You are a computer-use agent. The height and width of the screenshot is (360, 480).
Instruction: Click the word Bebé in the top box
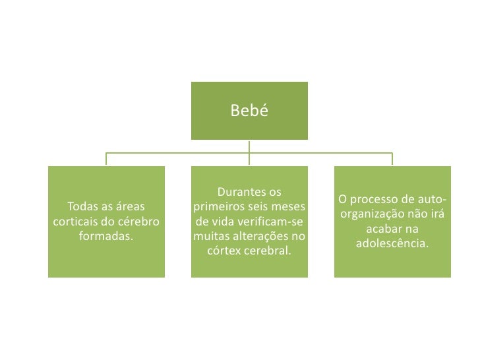pos(249,111)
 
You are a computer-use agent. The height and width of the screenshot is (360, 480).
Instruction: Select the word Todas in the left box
pos(86,207)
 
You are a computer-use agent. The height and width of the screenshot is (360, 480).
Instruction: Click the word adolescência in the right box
pos(392,243)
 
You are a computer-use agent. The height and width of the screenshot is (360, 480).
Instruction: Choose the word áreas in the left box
pos(131,207)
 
